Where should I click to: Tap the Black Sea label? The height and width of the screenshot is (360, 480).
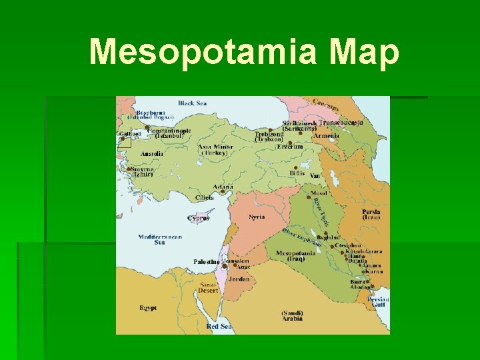tap(192, 103)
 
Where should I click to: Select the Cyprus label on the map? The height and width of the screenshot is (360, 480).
tap(199, 218)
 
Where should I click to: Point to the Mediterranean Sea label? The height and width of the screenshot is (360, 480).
tap(159, 239)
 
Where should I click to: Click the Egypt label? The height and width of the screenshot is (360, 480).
tap(148, 308)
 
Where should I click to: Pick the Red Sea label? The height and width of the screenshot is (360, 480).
tap(219, 327)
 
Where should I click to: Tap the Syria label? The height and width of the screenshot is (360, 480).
tap(257, 217)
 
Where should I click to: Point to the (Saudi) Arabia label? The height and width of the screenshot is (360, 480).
tap(292, 315)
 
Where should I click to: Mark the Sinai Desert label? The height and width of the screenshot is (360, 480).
tap(208, 287)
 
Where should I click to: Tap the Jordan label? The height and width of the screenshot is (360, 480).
tap(239, 279)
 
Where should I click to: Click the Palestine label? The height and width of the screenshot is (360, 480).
tap(206, 262)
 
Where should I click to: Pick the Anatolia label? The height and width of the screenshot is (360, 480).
tap(151, 154)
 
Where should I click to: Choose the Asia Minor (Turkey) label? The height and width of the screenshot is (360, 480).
tap(215, 150)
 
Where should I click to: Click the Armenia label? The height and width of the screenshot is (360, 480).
tap(326, 136)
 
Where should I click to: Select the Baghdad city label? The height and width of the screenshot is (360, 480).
tap(329, 237)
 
